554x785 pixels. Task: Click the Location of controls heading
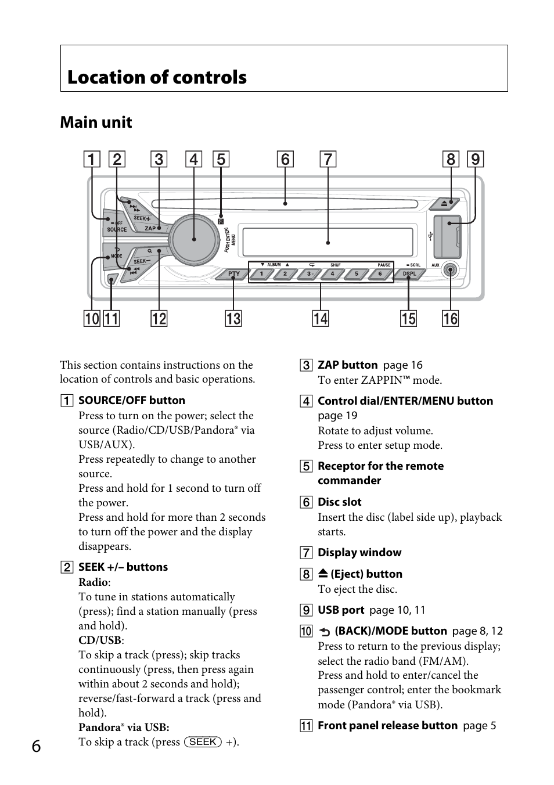(x=157, y=77)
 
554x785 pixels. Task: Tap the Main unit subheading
(x=96, y=123)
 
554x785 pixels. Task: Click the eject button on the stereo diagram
(x=444, y=204)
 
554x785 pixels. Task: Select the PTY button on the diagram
(x=233, y=273)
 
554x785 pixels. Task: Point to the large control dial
(x=193, y=238)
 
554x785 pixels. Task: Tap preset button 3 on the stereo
(x=309, y=273)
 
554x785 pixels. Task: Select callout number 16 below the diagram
(x=450, y=319)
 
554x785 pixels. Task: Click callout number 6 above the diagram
(x=285, y=159)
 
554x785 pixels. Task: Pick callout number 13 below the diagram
(x=233, y=319)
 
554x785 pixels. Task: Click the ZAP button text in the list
(x=347, y=365)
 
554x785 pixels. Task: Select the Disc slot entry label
(x=339, y=502)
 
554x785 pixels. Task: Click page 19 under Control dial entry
(x=337, y=416)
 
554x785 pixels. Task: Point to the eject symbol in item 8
(x=323, y=574)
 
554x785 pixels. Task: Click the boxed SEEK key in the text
(x=203, y=741)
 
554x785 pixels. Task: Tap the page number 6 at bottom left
(x=36, y=746)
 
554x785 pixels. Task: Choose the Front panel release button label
(x=387, y=725)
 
